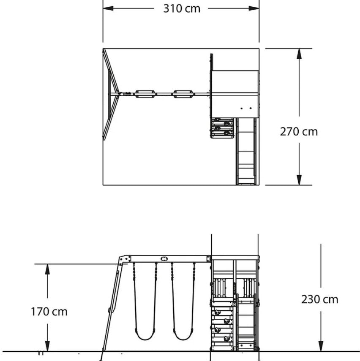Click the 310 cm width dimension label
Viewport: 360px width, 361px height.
[182, 9]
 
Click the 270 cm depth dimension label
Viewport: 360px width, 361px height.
[299, 132]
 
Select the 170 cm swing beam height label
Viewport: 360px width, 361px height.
[49, 312]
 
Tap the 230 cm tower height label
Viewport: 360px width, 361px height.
[320, 299]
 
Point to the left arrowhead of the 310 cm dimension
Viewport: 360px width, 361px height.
[108, 8]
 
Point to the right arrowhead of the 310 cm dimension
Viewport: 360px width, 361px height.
[254, 8]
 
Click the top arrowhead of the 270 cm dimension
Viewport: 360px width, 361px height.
[299, 54]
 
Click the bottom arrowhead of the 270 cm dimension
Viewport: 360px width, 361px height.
[299, 180]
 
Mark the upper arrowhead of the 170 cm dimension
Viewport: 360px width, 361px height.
[47, 269]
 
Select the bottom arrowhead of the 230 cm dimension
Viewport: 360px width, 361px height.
[321, 346]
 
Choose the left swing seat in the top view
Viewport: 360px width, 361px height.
[145, 94]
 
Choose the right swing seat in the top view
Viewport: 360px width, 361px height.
[183, 94]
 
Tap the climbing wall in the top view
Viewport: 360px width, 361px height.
[222, 128]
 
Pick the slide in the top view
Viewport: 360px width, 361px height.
[246, 151]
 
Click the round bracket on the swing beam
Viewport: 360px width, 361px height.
[164, 259]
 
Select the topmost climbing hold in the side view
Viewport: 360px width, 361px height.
[217, 312]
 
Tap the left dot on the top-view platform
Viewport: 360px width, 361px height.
[242, 108]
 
